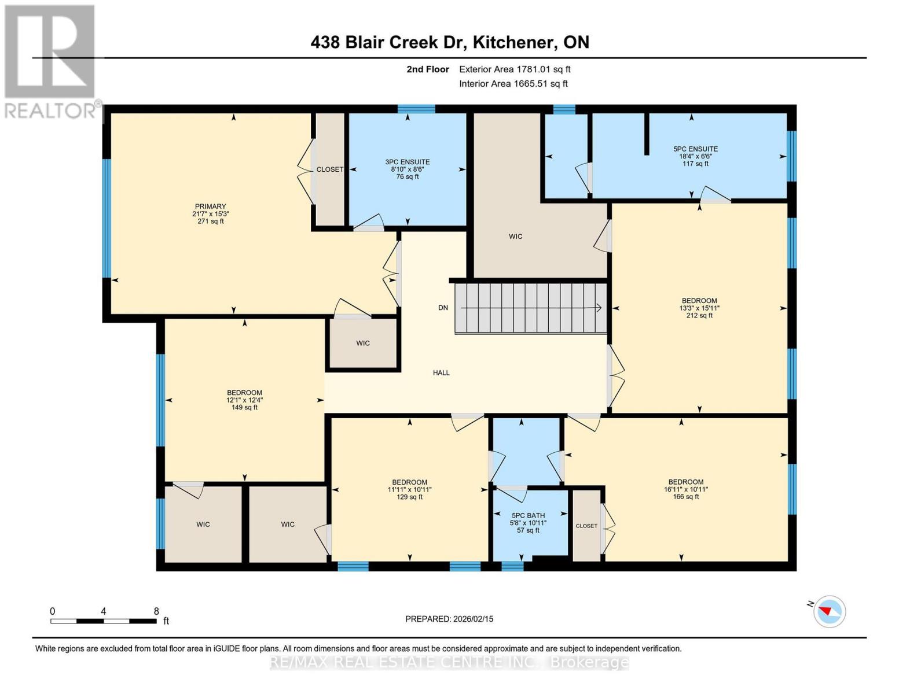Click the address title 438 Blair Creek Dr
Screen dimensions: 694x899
click(449, 42)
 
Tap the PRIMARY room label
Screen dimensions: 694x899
click(210, 206)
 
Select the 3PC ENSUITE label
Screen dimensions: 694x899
click(408, 163)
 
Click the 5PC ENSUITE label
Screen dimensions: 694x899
click(695, 149)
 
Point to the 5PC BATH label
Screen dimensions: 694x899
click(528, 515)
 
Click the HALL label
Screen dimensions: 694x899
click(441, 373)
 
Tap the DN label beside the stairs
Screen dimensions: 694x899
click(443, 308)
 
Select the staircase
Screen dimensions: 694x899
click(530, 308)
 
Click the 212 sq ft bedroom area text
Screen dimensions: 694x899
click(699, 316)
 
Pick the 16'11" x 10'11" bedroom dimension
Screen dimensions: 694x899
click(686, 489)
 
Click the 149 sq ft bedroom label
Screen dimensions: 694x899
click(244, 407)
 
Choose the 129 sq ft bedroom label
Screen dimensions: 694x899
click(410, 497)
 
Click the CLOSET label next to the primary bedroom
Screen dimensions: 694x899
click(329, 169)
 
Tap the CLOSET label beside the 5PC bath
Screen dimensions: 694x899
click(586, 526)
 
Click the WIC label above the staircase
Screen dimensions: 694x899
click(515, 237)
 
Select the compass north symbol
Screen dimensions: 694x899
click(829, 611)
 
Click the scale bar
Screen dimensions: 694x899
click(104, 621)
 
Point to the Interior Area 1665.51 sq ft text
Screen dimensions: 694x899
click(513, 84)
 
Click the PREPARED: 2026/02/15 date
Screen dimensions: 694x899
click(449, 619)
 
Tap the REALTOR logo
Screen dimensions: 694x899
click(50, 61)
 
